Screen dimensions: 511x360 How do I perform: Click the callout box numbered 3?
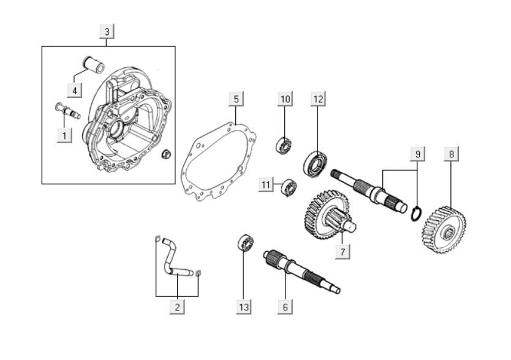tap(107, 32)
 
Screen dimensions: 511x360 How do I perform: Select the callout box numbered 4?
tap(75, 90)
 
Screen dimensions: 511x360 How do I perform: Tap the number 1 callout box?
tap(64, 135)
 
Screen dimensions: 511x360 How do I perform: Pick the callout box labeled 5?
tap(237, 99)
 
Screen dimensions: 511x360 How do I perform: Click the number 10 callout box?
tap(285, 99)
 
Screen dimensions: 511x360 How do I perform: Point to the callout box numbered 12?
tap(318, 99)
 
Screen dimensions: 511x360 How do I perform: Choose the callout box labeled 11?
tap(266, 185)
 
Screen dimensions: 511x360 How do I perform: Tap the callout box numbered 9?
tap(418, 154)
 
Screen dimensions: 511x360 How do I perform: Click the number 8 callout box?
tap(452, 154)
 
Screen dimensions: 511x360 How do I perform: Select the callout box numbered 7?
tap(343, 252)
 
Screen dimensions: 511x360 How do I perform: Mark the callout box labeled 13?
tap(244, 307)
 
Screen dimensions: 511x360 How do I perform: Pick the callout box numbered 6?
tap(285, 307)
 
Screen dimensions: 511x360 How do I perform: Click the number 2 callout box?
tap(177, 307)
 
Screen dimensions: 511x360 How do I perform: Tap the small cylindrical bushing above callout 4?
tap(94, 64)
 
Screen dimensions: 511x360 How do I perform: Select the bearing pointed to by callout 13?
tap(246, 242)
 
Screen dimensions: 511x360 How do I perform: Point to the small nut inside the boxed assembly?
tap(166, 154)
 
